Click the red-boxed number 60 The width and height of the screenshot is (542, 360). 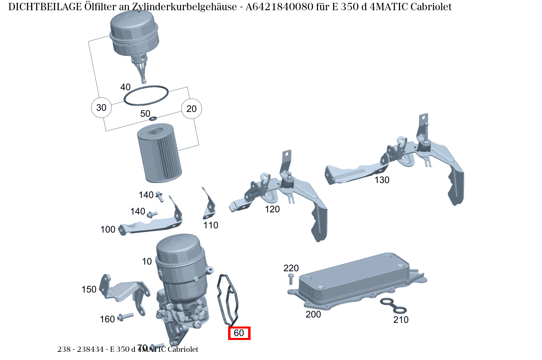click(239, 333)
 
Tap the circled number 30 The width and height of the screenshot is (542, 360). click(101, 107)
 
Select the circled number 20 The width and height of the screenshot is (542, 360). click(191, 109)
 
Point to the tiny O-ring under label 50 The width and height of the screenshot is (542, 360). click(153, 119)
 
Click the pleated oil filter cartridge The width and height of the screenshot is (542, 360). click(159, 153)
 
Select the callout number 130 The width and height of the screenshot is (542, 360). click(382, 180)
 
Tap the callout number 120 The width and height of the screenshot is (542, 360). click(272, 209)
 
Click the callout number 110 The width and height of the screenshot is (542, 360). click(211, 226)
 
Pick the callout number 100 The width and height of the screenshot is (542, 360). click(108, 229)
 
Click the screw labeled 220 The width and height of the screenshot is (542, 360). click(291, 279)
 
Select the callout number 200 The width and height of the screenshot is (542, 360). click(313, 314)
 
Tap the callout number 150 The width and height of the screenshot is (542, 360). click(89, 289)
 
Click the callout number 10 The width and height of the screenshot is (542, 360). click(147, 261)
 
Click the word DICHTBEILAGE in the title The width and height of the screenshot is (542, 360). click(45, 7)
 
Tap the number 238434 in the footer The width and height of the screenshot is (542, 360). click(90, 349)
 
